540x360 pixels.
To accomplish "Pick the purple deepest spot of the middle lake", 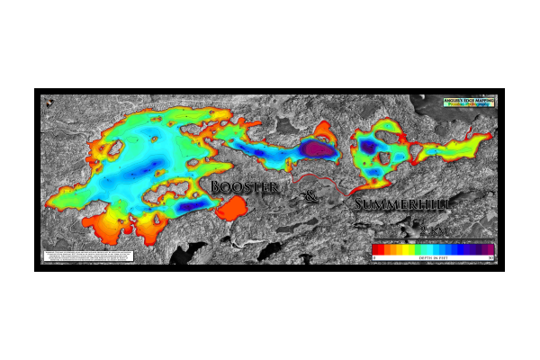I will click(315, 149).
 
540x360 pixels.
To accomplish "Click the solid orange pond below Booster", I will click(237, 210).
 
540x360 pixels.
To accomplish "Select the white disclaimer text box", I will click(88, 256).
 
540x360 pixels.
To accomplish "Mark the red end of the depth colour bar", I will click(377, 249).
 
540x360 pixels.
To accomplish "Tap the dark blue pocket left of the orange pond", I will click(190, 206).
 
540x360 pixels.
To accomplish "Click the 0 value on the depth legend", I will click(374, 258).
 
